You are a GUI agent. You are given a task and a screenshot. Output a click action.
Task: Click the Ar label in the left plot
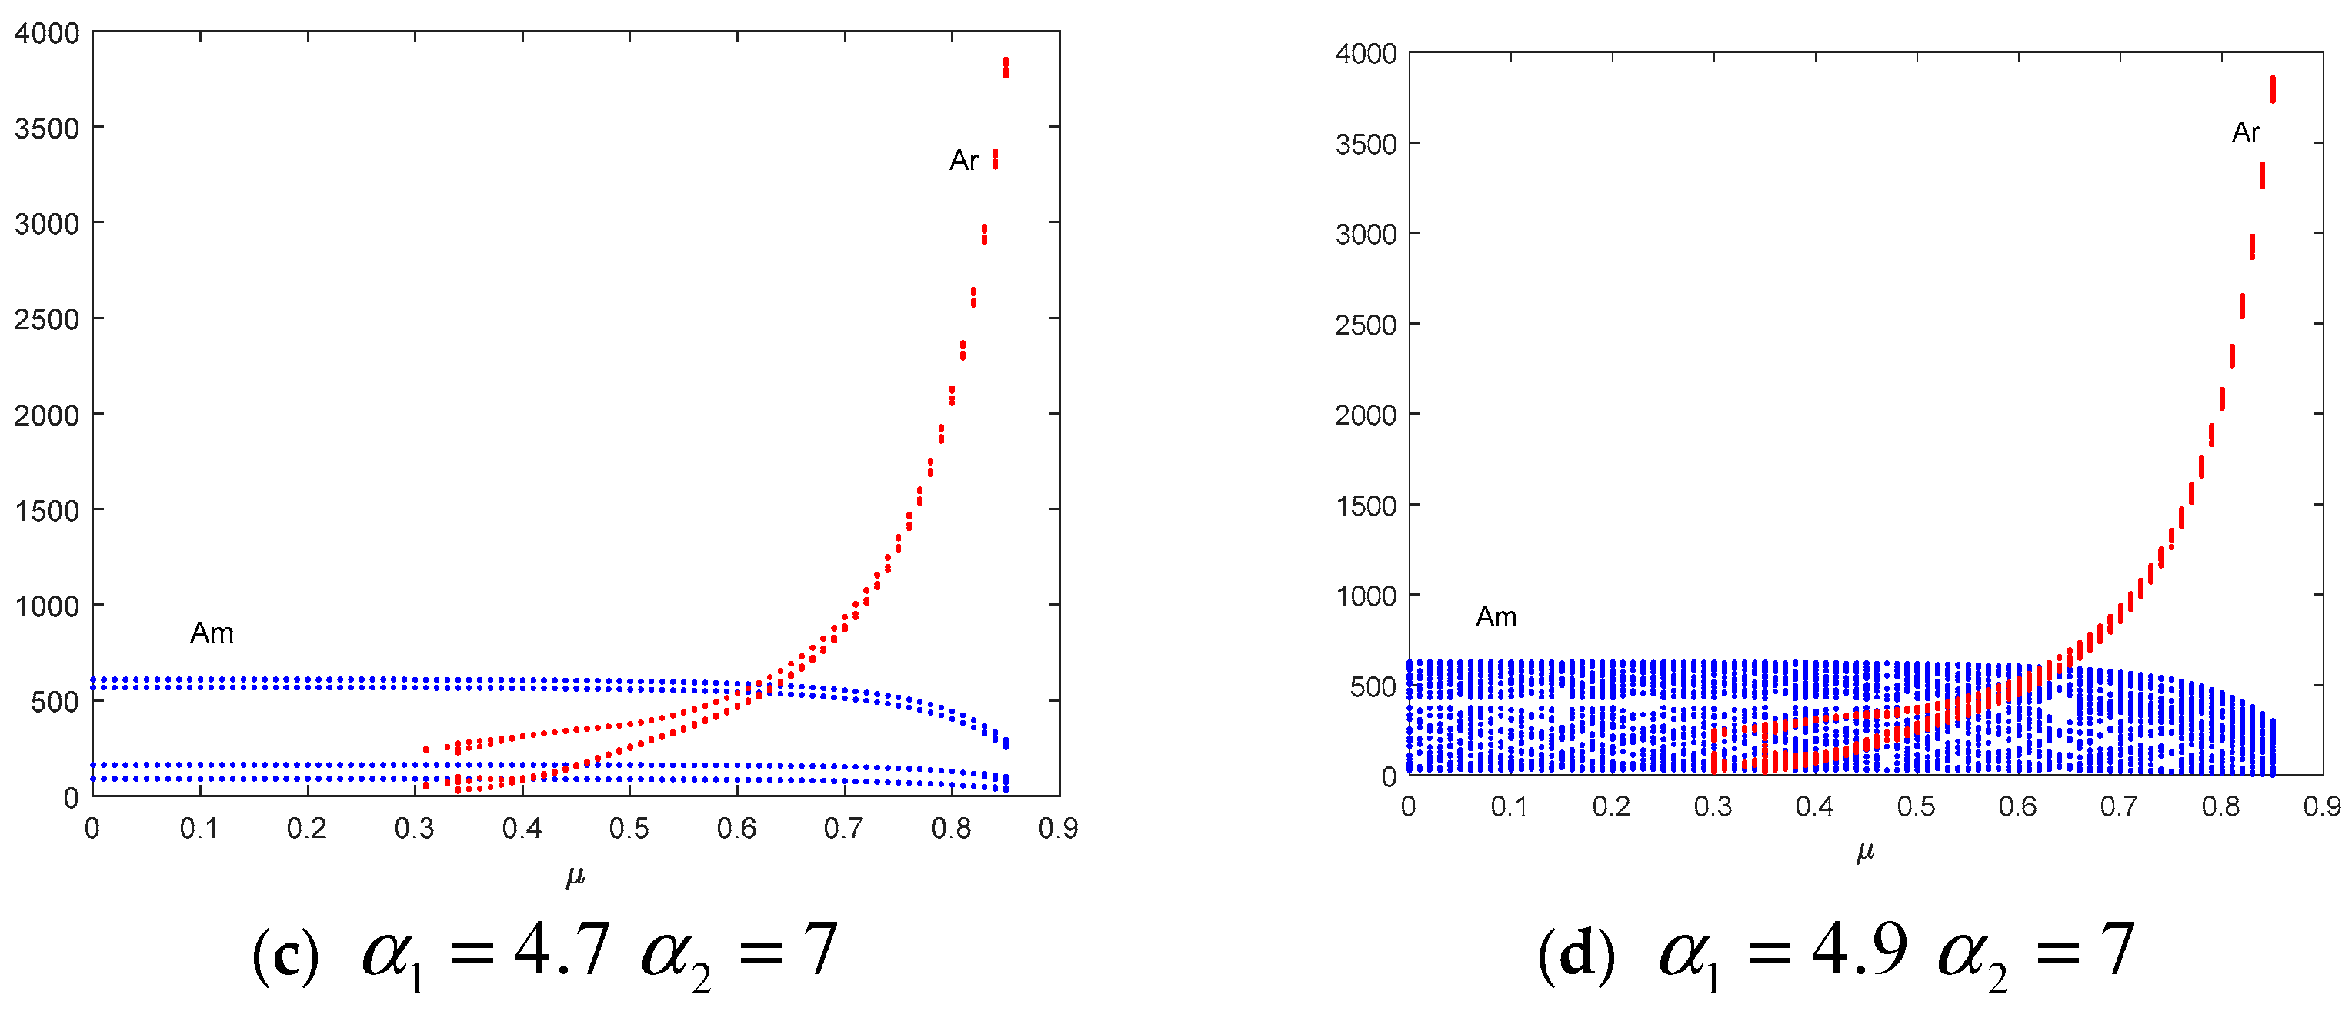963,161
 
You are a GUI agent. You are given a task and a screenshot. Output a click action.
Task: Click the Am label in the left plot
212,632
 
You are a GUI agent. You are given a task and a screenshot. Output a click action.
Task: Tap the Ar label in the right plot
2245,132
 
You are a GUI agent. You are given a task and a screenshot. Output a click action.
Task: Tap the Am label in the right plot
1496,617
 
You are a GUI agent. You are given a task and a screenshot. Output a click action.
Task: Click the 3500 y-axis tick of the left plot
47,128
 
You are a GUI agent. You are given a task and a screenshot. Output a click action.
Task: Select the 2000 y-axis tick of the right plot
1365,416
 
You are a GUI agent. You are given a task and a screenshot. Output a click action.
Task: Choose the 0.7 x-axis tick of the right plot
2118,806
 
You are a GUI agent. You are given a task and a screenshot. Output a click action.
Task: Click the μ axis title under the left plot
574,876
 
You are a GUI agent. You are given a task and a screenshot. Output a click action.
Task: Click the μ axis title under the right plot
1864,852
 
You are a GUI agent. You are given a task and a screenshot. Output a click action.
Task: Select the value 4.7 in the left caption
561,950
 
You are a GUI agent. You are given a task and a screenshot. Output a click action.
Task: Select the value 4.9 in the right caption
1859,950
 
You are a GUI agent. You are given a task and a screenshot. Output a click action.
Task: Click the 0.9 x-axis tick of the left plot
1057,828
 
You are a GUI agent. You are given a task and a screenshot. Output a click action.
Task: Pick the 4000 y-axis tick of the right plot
1365,54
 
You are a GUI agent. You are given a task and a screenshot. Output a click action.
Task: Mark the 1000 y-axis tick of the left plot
47,606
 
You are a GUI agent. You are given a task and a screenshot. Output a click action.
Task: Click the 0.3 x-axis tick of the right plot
1712,806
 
